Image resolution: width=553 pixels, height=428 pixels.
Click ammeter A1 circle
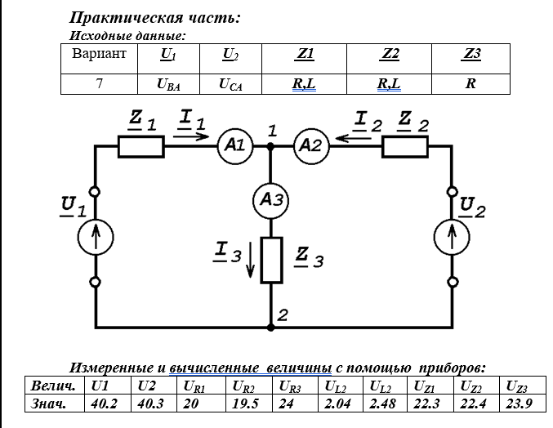click(234, 146)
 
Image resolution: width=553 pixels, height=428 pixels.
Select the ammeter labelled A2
click(310, 146)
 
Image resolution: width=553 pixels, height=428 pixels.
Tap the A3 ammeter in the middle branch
click(271, 198)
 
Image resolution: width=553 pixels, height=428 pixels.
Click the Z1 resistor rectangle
click(141, 147)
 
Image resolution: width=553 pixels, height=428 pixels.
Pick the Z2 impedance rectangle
click(406, 147)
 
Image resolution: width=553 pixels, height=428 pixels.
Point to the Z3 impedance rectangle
click(271, 261)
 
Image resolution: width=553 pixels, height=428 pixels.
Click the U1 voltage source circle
click(96, 238)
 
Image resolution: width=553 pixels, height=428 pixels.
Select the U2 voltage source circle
click(453, 238)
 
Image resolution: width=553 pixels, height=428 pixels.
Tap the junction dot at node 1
click(271, 146)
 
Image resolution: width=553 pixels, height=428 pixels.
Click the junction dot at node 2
click(271, 327)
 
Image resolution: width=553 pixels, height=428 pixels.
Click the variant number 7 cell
click(99, 83)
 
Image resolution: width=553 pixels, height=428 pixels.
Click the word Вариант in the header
click(99, 56)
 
